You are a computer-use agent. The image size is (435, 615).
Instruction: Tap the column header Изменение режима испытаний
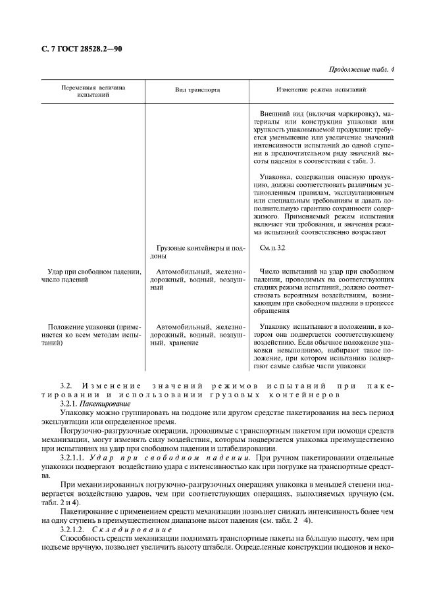[321, 91]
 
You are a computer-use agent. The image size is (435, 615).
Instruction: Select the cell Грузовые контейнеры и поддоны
[197, 253]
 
